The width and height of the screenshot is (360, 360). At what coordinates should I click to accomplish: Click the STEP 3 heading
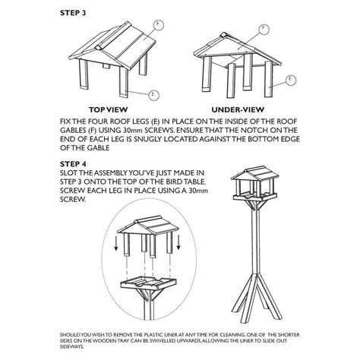coord(73,13)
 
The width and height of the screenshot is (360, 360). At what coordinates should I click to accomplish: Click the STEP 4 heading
coord(73,164)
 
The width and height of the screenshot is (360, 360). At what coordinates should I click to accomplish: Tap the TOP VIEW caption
coord(108,109)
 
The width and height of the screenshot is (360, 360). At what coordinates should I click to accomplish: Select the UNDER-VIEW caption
coord(238,109)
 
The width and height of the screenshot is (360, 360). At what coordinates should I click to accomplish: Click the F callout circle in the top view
coord(158,25)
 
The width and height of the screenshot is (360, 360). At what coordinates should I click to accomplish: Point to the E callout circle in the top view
coord(153,95)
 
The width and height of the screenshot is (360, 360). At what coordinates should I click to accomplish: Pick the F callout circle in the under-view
coord(264,28)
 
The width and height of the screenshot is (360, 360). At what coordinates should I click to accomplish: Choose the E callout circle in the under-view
coord(291,80)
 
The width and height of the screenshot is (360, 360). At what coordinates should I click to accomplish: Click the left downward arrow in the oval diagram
coord(116,243)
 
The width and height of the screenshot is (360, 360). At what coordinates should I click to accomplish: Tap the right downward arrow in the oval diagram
coord(178,242)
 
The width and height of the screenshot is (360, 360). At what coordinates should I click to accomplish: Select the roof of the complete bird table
coord(254,173)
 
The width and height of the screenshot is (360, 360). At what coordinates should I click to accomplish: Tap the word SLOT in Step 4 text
coord(68,173)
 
